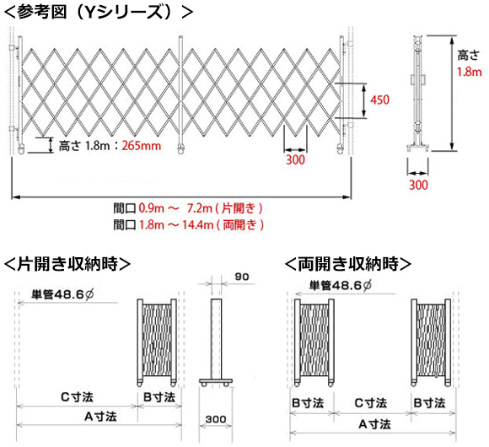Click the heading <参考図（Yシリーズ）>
pos(99,13)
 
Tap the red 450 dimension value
pos(380,100)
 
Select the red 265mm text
pos(142,146)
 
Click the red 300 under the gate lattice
pos(295,159)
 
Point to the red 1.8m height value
pos(470,72)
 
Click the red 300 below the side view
pos(418,185)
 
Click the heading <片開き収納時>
pos(67,264)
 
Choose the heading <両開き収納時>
pos(348,264)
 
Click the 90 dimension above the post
pos(242,277)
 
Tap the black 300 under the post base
pos(216,419)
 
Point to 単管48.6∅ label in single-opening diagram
pos(62,294)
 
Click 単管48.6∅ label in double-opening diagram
pos(341,285)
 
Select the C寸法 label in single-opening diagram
pos(77,397)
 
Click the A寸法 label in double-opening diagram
pos(374,424)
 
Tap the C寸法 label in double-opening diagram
pos(371,403)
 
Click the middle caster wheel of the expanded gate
pos(181,149)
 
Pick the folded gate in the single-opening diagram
pos(157,342)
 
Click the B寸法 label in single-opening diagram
pos(159,397)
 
